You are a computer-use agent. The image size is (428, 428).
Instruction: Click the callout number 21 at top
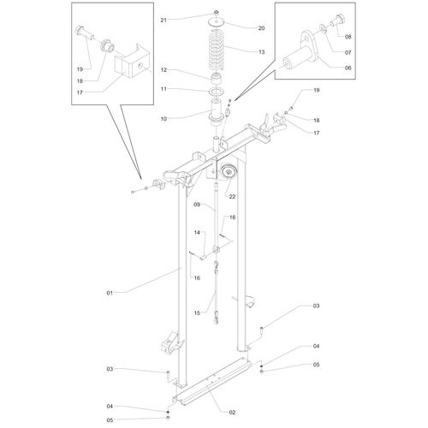tap(163, 20)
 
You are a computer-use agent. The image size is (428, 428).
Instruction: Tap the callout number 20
tap(261, 28)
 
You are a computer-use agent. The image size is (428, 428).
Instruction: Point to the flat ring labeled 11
tap(217, 92)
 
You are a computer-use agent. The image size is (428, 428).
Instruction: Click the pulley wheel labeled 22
tap(229, 172)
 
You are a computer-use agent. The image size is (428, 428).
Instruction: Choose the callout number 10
tap(163, 119)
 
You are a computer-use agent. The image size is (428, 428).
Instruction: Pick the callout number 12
tap(163, 69)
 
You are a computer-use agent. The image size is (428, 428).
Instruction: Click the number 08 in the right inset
tap(348, 37)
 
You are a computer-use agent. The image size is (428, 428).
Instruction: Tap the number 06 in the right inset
tap(348, 68)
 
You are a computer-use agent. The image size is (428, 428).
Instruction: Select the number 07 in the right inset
tap(348, 52)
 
